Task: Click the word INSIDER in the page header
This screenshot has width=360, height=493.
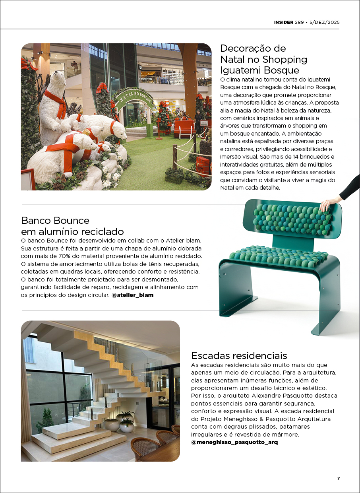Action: point(283,22)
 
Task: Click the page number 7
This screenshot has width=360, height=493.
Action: point(338,478)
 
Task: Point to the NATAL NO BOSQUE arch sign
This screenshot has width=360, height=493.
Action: point(134,97)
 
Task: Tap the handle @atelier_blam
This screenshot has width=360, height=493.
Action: point(132,295)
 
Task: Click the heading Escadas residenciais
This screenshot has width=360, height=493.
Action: point(239,355)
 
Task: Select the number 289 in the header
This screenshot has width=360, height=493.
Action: point(299,22)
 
